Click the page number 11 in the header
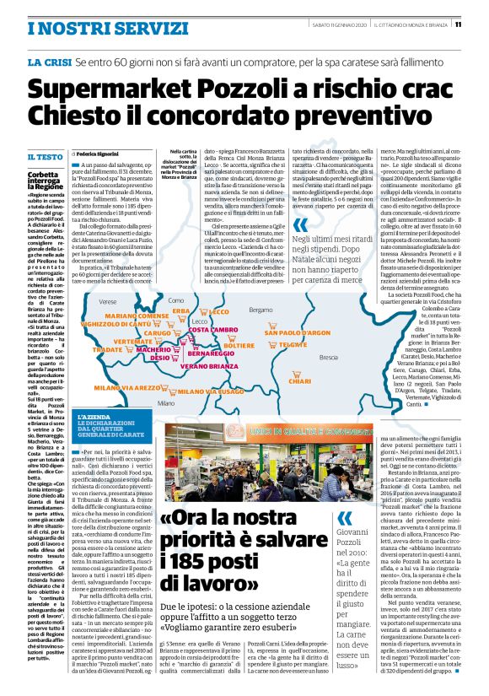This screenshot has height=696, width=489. tap(481, 24)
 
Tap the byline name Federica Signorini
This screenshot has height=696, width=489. tap(98, 154)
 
